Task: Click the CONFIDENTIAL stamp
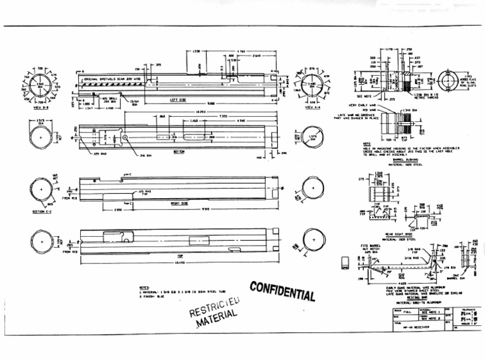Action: click(x=282, y=291)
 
